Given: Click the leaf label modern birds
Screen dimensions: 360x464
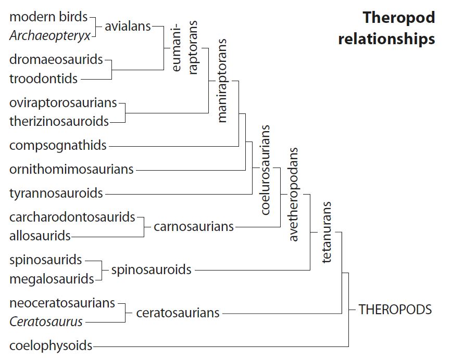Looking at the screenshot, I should click(48, 17).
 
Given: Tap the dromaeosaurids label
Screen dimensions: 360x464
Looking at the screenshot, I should click(56, 60).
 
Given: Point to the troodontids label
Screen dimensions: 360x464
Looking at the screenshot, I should click(43, 79).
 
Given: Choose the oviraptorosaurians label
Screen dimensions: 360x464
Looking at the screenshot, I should click(63, 103).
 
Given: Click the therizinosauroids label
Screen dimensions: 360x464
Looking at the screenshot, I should click(59, 122).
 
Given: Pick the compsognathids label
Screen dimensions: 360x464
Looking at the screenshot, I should click(58, 146).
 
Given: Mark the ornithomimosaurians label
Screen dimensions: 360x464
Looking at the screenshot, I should click(71, 169).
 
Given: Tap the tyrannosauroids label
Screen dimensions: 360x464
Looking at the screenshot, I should click(56, 194).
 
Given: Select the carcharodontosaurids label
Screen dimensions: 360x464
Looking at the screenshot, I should click(72, 217).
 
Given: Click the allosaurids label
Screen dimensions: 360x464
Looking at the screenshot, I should click(40, 236).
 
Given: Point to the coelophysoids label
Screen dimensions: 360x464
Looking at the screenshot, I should click(51, 345).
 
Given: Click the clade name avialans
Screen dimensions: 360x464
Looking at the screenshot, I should click(128, 26).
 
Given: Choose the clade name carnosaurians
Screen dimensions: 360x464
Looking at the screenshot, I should click(194, 227).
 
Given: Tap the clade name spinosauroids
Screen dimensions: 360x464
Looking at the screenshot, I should click(151, 270).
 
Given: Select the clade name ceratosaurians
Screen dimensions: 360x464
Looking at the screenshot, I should click(178, 313).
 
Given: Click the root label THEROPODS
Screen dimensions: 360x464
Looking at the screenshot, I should click(395, 310).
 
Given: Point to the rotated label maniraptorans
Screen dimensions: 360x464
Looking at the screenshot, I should click(222, 80).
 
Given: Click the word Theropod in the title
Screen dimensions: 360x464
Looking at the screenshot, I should click(398, 17).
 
